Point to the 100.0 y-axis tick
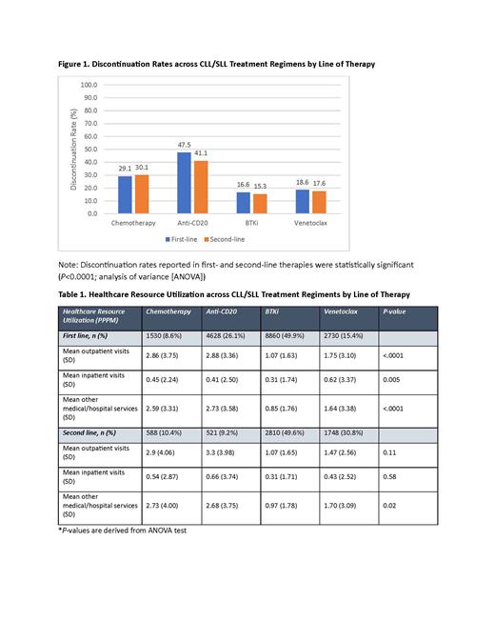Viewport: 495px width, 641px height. tap(89, 85)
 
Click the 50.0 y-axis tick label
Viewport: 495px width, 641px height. tap(89, 149)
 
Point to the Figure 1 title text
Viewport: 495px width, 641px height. tap(216, 64)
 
